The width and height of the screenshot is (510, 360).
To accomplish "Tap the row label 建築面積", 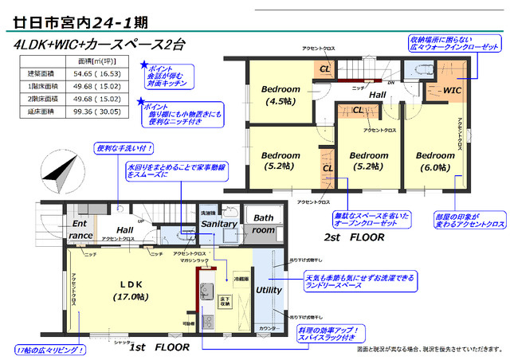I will coord(40,73).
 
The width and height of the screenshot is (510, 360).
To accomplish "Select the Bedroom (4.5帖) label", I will coord(280,96).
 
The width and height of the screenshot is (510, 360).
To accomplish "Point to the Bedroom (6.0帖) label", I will coord(435,161).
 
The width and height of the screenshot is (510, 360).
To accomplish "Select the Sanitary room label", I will coord(218,225).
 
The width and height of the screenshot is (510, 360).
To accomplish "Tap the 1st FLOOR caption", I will coord(159,347).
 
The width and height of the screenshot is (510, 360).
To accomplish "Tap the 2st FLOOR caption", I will coord(355,237).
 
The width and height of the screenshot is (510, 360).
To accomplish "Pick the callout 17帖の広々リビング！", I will coord(49,350).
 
